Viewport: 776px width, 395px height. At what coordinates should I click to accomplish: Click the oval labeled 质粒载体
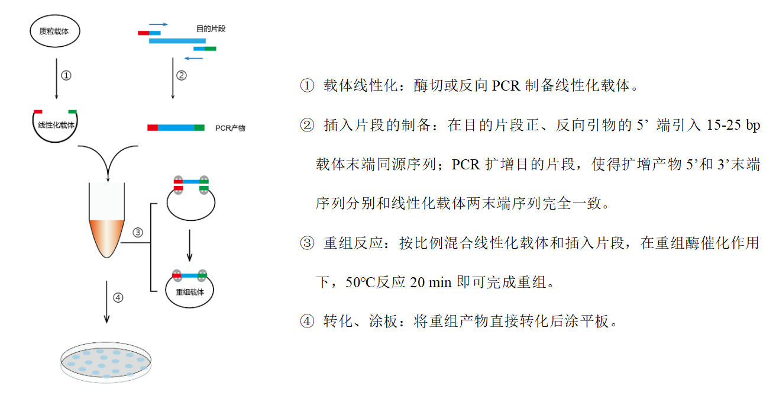31,31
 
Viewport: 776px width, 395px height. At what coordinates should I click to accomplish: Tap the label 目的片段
211,28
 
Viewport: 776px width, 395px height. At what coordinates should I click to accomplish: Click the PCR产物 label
230,128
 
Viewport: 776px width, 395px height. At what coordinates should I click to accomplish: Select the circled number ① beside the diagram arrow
66,75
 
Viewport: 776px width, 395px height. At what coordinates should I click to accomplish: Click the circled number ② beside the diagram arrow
182,75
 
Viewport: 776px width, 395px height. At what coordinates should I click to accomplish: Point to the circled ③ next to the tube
138,232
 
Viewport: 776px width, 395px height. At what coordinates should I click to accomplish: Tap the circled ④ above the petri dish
118,297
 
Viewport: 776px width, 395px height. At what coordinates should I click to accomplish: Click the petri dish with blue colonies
106,362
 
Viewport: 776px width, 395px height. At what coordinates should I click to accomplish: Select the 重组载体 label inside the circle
190,292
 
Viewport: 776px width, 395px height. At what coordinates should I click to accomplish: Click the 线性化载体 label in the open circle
56,125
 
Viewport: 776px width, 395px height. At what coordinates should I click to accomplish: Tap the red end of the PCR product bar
153,128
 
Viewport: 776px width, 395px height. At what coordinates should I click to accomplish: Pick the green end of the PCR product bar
199,128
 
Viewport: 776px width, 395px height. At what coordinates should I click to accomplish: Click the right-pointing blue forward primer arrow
159,24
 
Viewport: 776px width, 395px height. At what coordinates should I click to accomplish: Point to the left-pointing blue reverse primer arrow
193,58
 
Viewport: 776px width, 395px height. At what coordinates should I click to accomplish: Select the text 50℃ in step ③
360,282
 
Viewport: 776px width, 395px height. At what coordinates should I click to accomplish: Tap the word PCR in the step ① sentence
506,86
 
